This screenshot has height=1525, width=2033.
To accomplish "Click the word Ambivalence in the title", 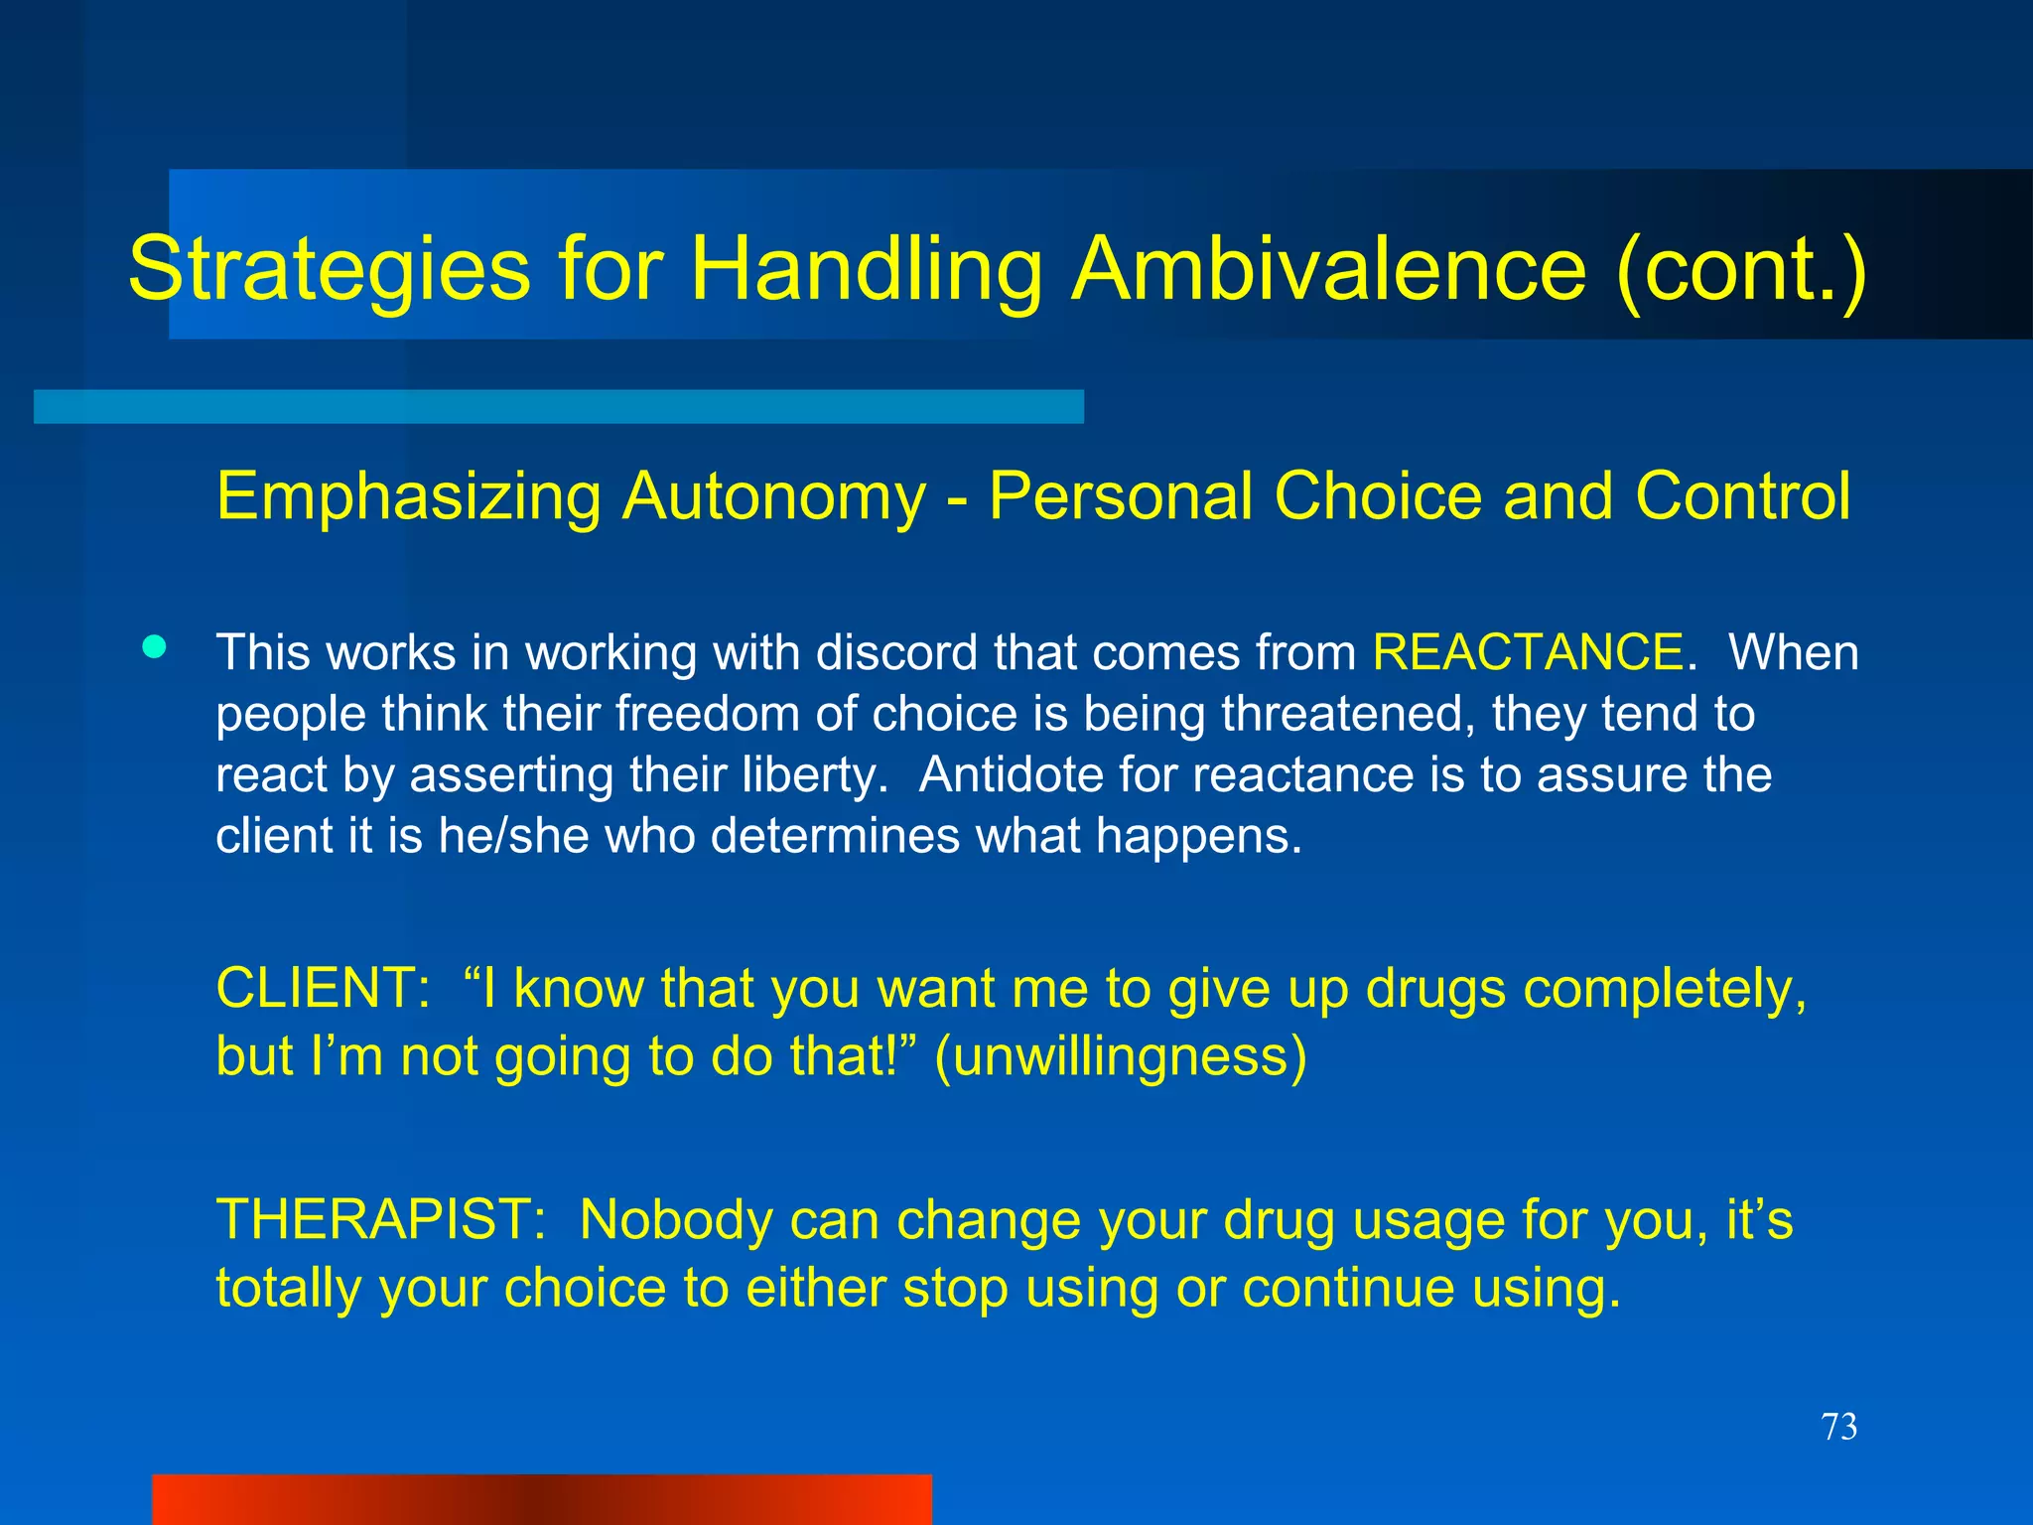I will [1329, 270].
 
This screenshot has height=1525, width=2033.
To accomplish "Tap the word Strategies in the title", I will [330, 270].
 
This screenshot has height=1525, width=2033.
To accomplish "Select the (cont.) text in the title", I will [1741, 270].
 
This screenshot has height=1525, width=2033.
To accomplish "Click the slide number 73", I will [1838, 1427].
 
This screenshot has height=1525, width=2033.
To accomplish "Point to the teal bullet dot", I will [154, 648].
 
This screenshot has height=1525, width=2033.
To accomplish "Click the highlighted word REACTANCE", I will [1528, 653].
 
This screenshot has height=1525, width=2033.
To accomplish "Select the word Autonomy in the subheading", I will [773, 495].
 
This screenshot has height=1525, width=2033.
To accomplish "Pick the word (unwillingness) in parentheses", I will [1121, 1056].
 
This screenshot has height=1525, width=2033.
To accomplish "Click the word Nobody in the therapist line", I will [676, 1220].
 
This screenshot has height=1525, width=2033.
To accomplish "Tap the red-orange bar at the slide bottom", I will [541, 1499].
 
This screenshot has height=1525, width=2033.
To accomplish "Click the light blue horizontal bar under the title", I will [558, 406].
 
